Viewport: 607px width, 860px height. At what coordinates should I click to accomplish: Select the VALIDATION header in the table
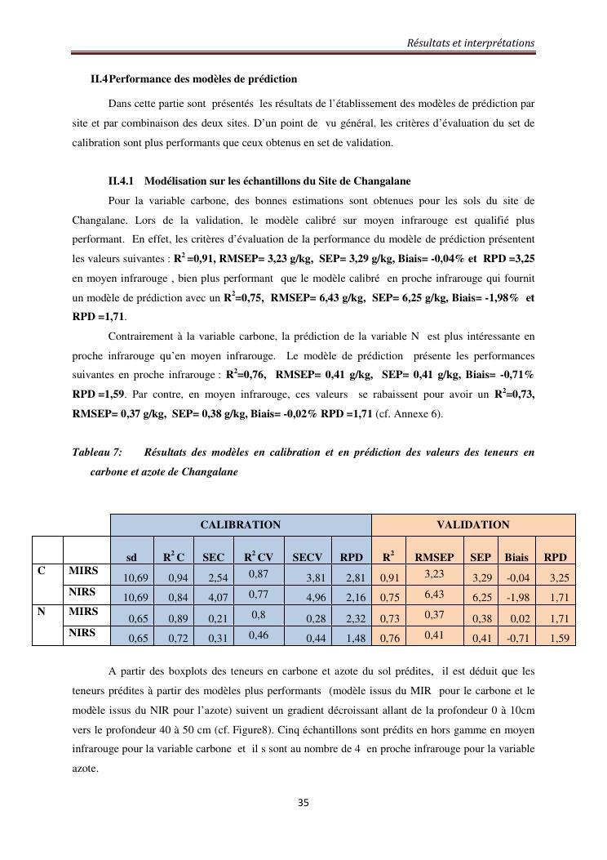click(473, 525)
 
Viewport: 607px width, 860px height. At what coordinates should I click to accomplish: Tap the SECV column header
click(308, 558)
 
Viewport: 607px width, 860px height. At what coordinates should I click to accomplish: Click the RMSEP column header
click(434, 558)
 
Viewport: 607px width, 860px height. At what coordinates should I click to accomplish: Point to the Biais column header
click(516, 558)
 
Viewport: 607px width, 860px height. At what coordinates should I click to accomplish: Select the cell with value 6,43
click(434, 594)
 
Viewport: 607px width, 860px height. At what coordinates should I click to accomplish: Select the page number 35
click(303, 803)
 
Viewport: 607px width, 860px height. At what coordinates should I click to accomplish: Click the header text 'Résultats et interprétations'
click(471, 42)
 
